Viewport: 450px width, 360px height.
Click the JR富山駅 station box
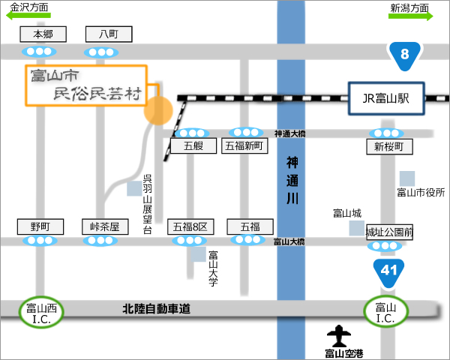[386, 98]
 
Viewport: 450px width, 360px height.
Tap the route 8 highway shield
[405, 55]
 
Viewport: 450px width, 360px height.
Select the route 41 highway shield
[388, 272]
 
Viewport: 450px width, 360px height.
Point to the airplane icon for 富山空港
[339, 336]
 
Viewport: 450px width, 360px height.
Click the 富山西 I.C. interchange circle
[41, 312]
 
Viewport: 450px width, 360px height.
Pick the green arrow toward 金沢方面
[28, 16]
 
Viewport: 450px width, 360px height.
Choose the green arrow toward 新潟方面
[411, 16]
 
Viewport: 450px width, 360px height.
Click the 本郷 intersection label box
[43, 34]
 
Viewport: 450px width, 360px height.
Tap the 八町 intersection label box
[109, 34]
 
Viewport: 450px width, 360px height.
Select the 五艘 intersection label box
[193, 145]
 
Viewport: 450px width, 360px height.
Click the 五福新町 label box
[244, 145]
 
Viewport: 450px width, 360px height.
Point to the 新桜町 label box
[389, 147]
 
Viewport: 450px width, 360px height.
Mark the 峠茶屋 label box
[105, 226]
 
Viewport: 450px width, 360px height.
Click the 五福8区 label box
[190, 226]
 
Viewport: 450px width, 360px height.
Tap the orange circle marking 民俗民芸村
[158, 110]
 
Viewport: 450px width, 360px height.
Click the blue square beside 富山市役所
[407, 178]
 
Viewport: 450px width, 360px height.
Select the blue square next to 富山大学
[199, 254]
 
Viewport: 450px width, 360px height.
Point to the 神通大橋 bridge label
[289, 133]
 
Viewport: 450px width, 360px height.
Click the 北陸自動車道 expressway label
[157, 309]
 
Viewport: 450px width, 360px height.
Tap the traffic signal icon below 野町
[40, 241]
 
